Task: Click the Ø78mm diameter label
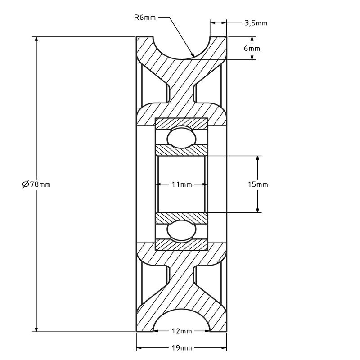click(36, 184)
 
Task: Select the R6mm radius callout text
click(145, 18)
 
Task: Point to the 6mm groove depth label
click(252, 48)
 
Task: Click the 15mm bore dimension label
click(258, 184)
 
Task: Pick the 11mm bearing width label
click(181, 184)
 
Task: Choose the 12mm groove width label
click(181, 331)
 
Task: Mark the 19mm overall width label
click(181, 348)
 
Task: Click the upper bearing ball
click(181, 138)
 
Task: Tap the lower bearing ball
click(181, 230)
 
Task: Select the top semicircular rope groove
click(181, 47)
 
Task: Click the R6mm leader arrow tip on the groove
click(192, 56)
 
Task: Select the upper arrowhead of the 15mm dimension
click(258, 159)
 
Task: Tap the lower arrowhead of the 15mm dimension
click(258, 209)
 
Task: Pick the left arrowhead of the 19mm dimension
click(139, 348)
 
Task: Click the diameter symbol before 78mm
click(25, 184)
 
